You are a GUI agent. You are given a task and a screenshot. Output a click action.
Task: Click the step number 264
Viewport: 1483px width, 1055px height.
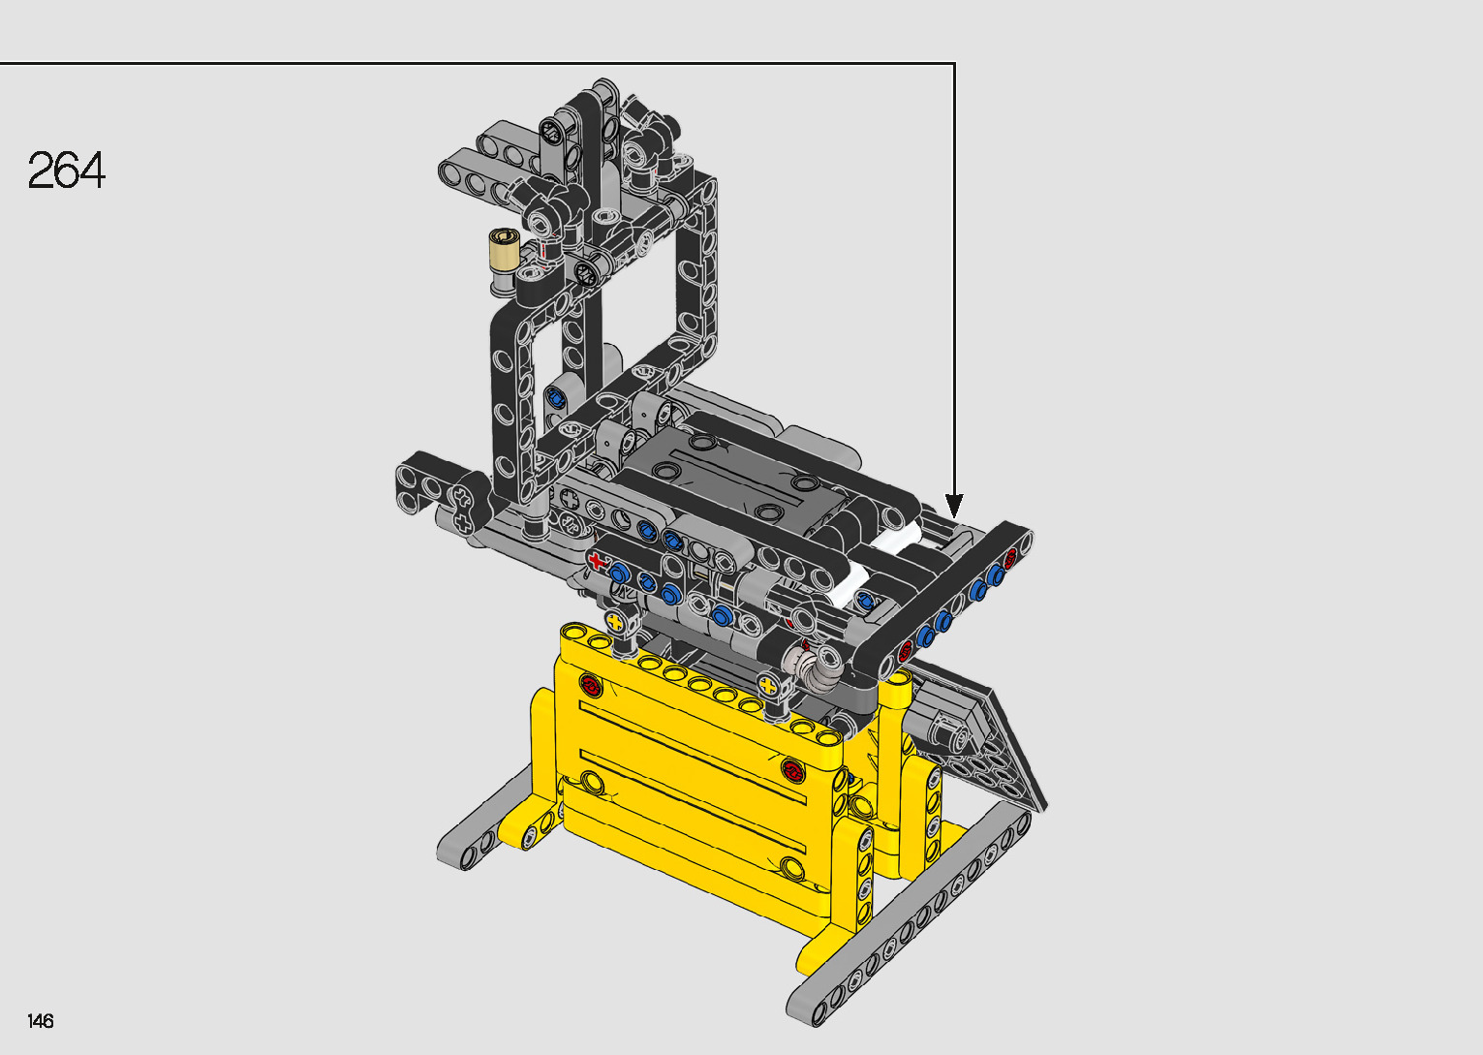tap(66, 171)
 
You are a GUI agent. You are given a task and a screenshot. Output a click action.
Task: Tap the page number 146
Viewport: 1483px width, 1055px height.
tap(41, 1020)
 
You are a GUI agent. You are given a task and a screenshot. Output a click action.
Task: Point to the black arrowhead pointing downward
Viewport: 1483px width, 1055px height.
tap(954, 506)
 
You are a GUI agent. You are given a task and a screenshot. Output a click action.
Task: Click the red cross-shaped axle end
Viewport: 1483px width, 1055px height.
tap(598, 562)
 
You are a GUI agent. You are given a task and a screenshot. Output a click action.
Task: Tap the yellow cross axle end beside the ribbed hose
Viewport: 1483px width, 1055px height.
tap(768, 686)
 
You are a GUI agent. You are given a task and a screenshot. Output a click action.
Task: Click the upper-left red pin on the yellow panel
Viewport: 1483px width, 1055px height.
tap(590, 685)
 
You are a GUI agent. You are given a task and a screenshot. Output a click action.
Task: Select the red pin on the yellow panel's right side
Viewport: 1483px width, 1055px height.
tap(792, 770)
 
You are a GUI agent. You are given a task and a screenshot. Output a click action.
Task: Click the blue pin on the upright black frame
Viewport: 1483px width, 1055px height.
tap(554, 397)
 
